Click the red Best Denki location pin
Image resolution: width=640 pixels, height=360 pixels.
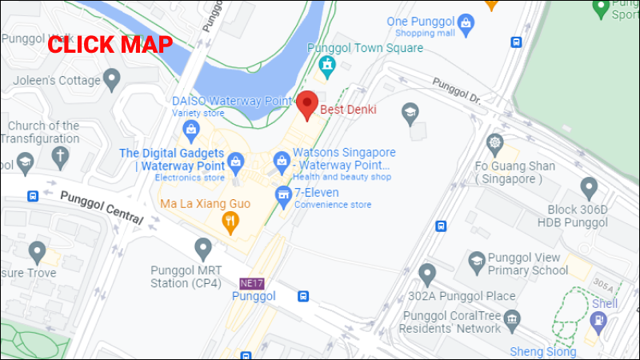point(308,105)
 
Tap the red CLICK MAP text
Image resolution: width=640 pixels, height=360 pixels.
point(110,45)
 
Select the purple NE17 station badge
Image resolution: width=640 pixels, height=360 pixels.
point(250,282)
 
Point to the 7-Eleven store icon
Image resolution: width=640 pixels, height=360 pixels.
point(282,194)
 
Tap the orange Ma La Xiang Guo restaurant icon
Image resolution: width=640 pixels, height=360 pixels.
point(230,222)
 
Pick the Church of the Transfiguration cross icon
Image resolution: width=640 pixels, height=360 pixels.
point(62,156)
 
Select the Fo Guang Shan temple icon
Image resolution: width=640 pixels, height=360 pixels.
point(494,144)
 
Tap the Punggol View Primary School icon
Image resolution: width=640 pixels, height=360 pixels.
point(477,261)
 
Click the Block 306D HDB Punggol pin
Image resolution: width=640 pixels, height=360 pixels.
point(590,189)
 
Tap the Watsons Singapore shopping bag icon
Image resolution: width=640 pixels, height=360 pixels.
point(281,162)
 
